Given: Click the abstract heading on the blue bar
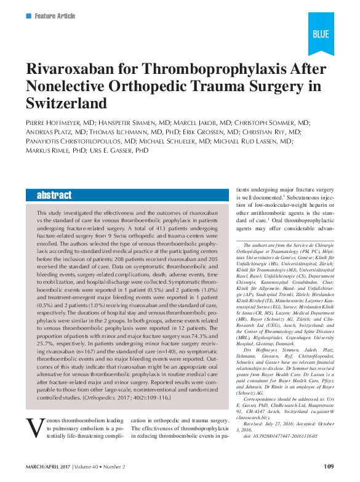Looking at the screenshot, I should pos(54,195).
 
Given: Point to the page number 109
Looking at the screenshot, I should pos(328,466).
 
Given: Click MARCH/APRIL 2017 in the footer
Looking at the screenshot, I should pos(47,466).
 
